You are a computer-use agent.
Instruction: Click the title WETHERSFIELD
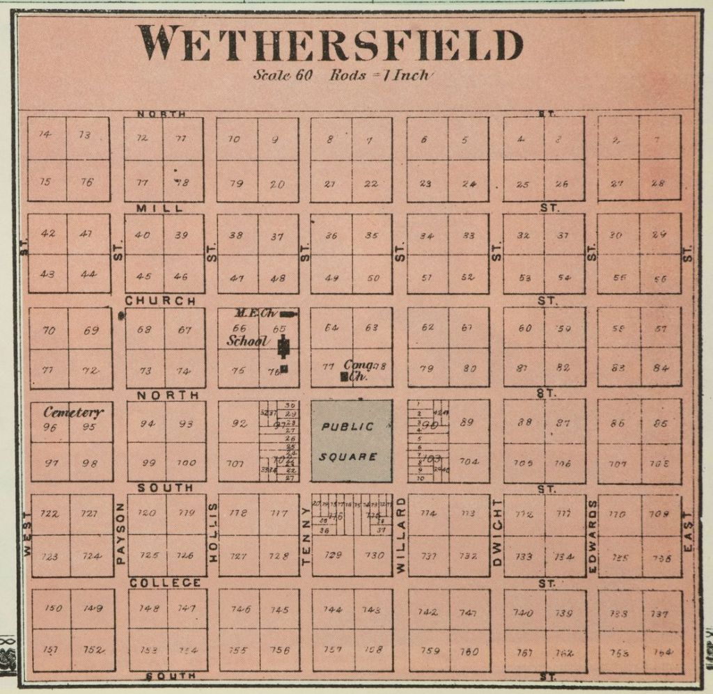(329, 44)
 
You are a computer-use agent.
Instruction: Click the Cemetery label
(73, 412)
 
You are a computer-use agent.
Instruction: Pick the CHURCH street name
(160, 301)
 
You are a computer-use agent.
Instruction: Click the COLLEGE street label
(165, 583)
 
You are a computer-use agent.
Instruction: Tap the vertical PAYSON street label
(120, 533)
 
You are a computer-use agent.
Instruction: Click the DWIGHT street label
(496, 533)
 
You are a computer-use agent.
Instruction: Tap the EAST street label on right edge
(689, 533)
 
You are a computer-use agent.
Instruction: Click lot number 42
(48, 233)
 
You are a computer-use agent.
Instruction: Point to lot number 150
(53, 608)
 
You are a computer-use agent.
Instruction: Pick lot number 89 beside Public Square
(467, 422)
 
